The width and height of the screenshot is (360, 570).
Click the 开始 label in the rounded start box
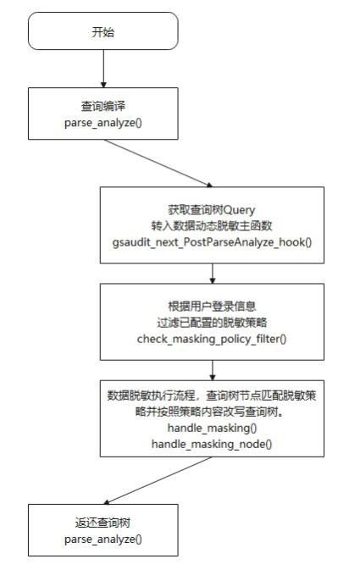click(x=102, y=32)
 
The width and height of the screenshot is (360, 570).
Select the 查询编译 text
click(x=102, y=106)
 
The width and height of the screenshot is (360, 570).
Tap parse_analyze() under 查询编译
click(x=102, y=123)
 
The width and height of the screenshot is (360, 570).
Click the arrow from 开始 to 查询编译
click(x=103, y=69)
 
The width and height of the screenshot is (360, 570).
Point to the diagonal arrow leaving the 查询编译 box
click(x=158, y=163)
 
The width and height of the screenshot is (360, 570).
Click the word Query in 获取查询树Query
click(x=239, y=210)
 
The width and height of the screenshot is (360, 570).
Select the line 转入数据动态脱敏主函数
click(x=212, y=226)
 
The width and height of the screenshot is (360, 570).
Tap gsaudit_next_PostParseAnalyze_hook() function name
click(x=212, y=242)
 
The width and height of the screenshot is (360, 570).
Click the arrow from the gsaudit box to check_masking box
click(x=213, y=274)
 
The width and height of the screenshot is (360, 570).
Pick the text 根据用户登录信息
click(x=212, y=307)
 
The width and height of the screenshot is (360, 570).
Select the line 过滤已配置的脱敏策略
click(x=212, y=323)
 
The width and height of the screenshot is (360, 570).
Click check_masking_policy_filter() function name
click(x=212, y=339)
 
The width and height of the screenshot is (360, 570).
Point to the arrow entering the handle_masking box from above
click(x=213, y=370)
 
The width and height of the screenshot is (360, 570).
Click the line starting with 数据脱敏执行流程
click(x=212, y=396)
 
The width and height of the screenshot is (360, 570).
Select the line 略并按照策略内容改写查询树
click(x=209, y=412)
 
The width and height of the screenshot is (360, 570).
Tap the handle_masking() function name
click(x=212, y=428)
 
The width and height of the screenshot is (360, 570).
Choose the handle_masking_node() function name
click(x=212, y=444)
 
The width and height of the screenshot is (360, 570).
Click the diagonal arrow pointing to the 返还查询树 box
click(x=158, y=480)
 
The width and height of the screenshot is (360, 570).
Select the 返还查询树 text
click(x=102, y=523)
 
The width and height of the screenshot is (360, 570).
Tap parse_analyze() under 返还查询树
click(x=102, y=540)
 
